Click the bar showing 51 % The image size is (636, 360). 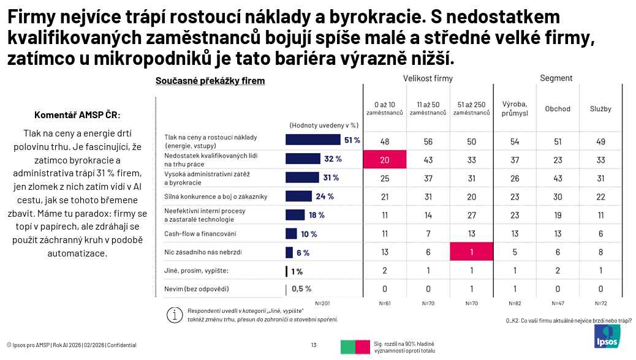click(x=312, y=140)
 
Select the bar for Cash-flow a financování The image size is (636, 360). click(x=291, y=234)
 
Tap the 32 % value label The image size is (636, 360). click(x=333, y=159)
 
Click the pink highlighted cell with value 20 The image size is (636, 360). click(x=385, y=159)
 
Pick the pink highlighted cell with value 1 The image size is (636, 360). click(x=471, y=252)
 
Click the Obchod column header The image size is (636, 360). click(x=558, y=109)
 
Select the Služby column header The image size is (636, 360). click(x=600, y=109)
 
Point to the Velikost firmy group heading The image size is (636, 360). click(x=428, y=78)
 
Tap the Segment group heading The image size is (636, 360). click(x=556, y=78)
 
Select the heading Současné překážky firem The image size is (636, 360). click(x=210, y=81)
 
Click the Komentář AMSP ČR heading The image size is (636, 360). click(x=77, y=115)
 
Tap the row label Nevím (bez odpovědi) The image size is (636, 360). click(x=200, y=289)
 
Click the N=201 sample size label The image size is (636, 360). click(x=322, y=304)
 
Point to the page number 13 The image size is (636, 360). click(x=314, y=345)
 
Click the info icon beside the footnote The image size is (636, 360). click(x=175, y=315)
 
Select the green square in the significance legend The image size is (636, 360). click(x=348, y=347)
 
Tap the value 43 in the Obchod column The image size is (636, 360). click(x=558, y=178)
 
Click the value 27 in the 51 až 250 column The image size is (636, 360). click(x=471, y=216)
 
